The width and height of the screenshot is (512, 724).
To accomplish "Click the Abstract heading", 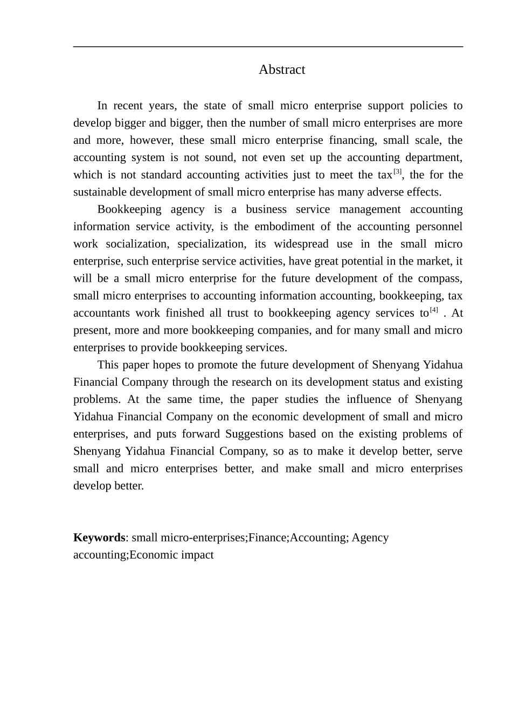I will click(x=281, y=69).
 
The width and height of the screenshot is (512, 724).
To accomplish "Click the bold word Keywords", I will click(x=99, y=538).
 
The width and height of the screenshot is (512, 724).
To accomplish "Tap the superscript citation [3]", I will click(x=398, y=172).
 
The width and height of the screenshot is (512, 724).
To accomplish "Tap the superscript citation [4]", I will click(x=434, y=310).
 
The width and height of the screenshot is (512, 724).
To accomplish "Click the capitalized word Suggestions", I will click(x=254, y=434).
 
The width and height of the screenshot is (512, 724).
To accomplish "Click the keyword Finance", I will click(x=268, y=538).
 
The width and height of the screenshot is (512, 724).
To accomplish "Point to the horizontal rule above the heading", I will click(x=268, y=47).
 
